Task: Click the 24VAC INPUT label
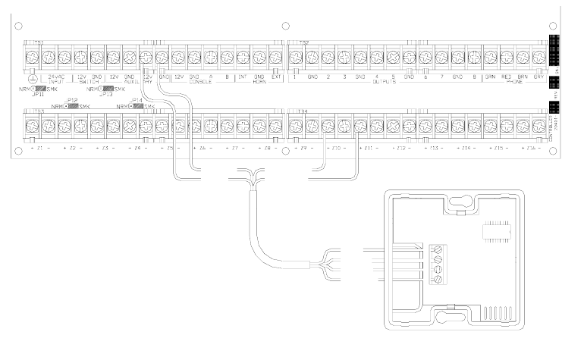55,80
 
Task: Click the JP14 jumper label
137,101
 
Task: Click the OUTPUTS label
385,82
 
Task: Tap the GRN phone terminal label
490,77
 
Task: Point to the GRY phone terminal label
538,77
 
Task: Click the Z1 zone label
39,147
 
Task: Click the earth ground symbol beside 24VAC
31,79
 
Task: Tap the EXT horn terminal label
276,77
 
